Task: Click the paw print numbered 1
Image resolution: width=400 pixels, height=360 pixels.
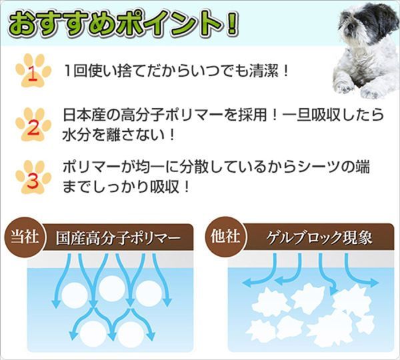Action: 33,71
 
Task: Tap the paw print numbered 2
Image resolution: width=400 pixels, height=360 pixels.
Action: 33,125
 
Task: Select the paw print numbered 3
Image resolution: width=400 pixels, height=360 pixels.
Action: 33,177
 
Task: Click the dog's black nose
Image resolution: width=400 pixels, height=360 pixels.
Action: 351,26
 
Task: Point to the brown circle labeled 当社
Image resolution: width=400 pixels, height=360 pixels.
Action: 25,237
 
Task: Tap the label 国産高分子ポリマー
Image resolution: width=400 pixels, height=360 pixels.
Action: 118,238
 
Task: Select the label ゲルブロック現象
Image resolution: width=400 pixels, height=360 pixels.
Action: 319,237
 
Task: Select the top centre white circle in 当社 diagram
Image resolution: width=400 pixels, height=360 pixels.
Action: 112,289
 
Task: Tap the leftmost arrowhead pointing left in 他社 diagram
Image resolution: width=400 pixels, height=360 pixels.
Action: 246,283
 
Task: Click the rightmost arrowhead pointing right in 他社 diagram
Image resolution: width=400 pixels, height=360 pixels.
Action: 374,283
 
